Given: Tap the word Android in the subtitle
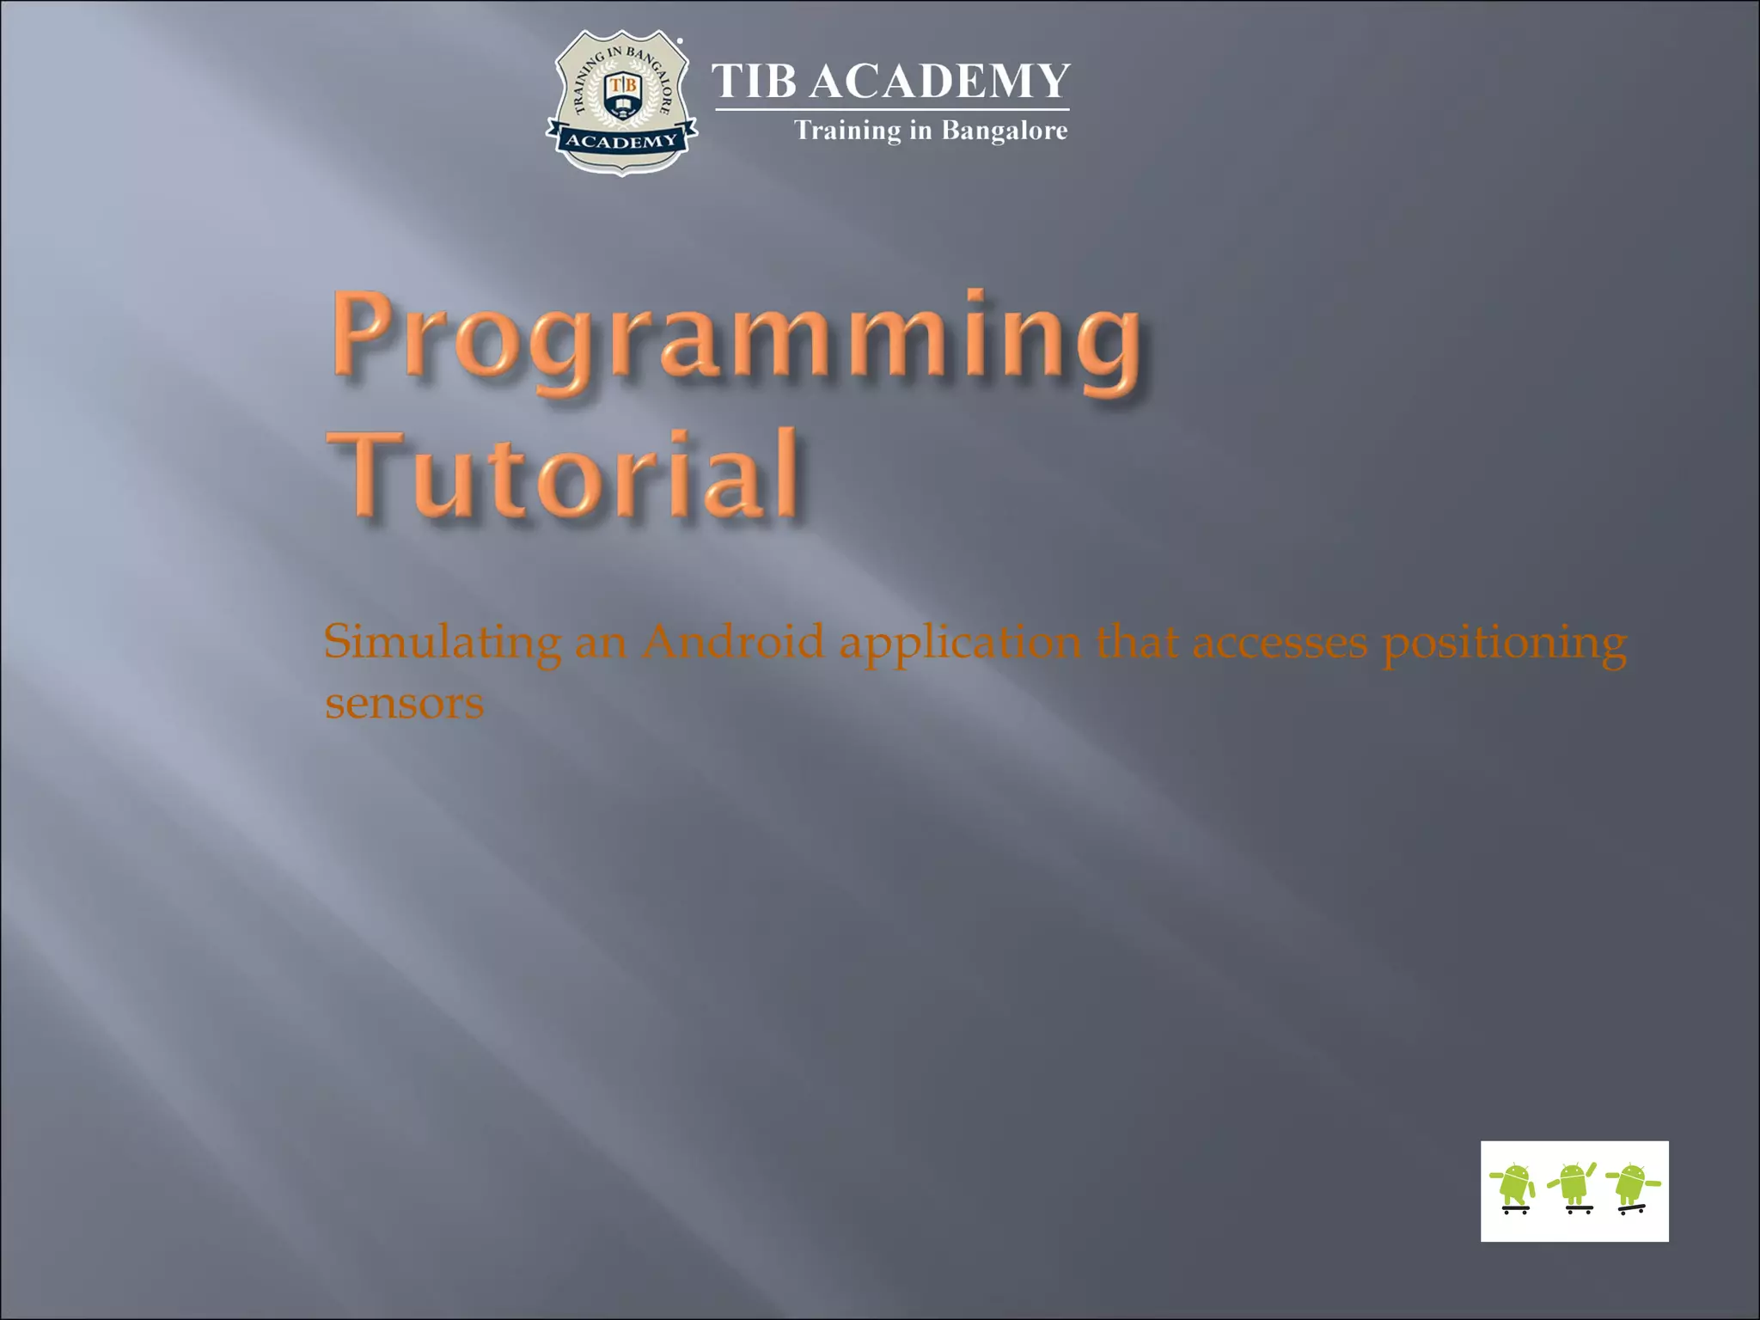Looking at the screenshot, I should point(733,642).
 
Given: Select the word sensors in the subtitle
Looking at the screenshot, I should point(404,704).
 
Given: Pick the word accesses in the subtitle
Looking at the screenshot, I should point(1280,642).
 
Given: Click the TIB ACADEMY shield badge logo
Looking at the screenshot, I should point(621,101).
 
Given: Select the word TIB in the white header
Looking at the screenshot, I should point(754,82).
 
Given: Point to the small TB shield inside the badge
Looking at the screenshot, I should point(622,93).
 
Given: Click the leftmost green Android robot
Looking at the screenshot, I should point(1515,1184).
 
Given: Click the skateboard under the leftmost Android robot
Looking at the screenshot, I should point(1515,1210).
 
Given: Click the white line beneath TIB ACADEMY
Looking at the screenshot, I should point(892,110).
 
